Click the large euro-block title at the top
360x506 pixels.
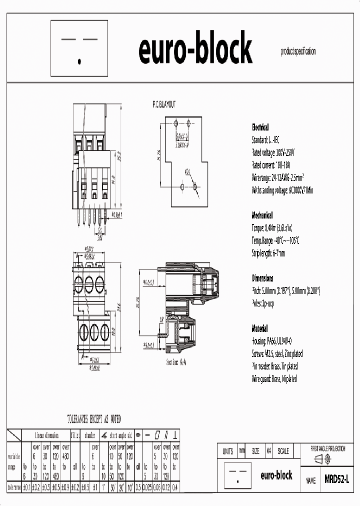(x=195, y=49)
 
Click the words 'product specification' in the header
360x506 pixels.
(x=298, y=51)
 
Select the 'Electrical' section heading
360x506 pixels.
(x=260, y=127)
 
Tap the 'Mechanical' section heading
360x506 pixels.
(x=262, y=215)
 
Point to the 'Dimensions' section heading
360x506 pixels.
(x=262, y=278)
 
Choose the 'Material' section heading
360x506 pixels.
(x=259, y=329)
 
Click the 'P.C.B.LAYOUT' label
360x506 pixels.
(x=164, y=104)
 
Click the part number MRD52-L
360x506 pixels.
(x=336, y=479)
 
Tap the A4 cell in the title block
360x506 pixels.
(x=268, y=451)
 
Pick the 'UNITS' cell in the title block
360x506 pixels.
(x=227, y=451)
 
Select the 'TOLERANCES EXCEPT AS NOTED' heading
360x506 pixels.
(x=94, y=419)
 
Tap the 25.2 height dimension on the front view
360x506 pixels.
(x=118, y=156)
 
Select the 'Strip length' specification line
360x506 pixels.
(x=268, y=253)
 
